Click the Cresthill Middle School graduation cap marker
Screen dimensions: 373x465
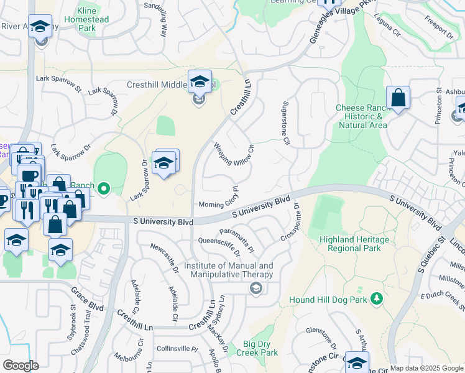tap(200, 82)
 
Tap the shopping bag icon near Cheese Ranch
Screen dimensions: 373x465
tap(398, 98)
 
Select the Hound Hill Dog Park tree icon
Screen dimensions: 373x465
tap(375, 300)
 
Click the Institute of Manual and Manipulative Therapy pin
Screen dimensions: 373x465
tap(255, 288)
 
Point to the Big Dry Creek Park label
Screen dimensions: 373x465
tap(260, 348)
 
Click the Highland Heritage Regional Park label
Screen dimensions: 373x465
tap(354, 244)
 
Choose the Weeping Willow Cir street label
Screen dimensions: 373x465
tap(234, 155)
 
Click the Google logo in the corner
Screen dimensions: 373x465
tap(21, 366)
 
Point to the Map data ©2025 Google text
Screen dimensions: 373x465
tap(426, 368)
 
